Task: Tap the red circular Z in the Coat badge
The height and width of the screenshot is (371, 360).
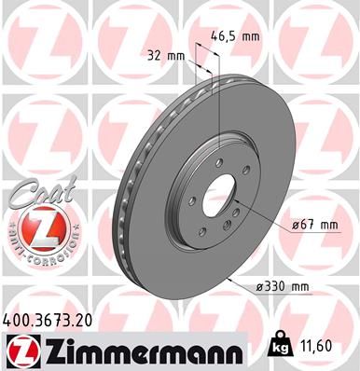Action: point(34,227)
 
